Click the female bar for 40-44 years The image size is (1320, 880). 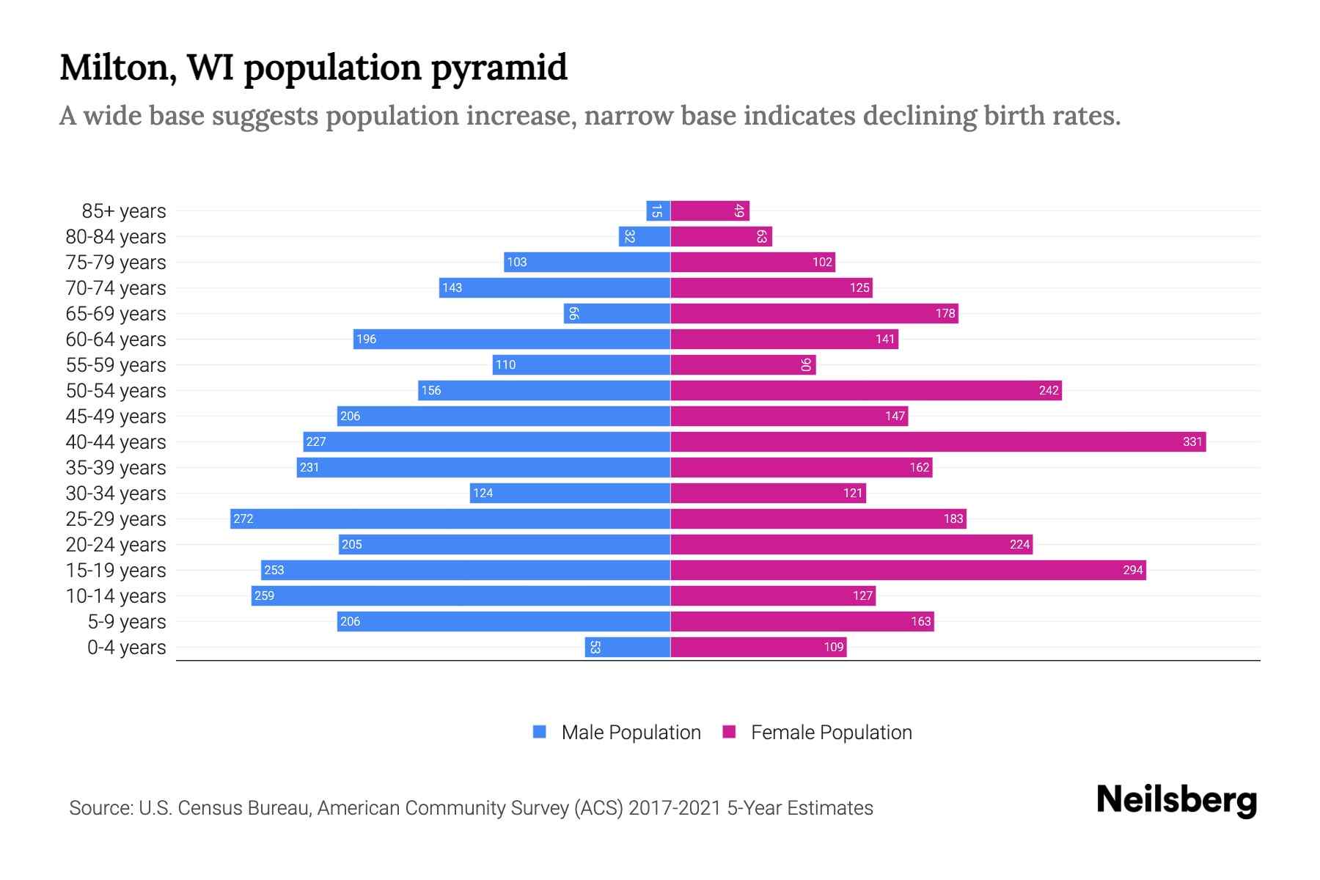[x=937, y=441]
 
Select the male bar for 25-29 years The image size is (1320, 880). [x=450, y=518]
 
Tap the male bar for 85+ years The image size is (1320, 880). [x=658, y=210]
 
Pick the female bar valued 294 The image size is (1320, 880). [x=908, y=570]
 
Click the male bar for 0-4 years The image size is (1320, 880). [x=627, y=647]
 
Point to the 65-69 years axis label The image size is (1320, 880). [x=116, y=314]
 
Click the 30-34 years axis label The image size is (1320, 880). [x=116, y=494]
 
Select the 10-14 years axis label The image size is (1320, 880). [x=116, y=596]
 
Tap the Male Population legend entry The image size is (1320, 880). [x=631, y=733]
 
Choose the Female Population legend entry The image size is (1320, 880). [x=831, y=733]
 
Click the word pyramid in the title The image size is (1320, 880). [x=499, y=68]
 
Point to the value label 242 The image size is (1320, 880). [x=1049, y=390]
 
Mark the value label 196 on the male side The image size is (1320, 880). [x=366, y=339]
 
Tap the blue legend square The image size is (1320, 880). [x=540, y=732]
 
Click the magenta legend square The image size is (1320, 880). [x=729, y=732]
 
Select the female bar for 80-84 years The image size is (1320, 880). [x=721, y=236]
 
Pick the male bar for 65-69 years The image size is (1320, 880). [x=617, y=313]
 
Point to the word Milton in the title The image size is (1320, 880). [x=117, y=68]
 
